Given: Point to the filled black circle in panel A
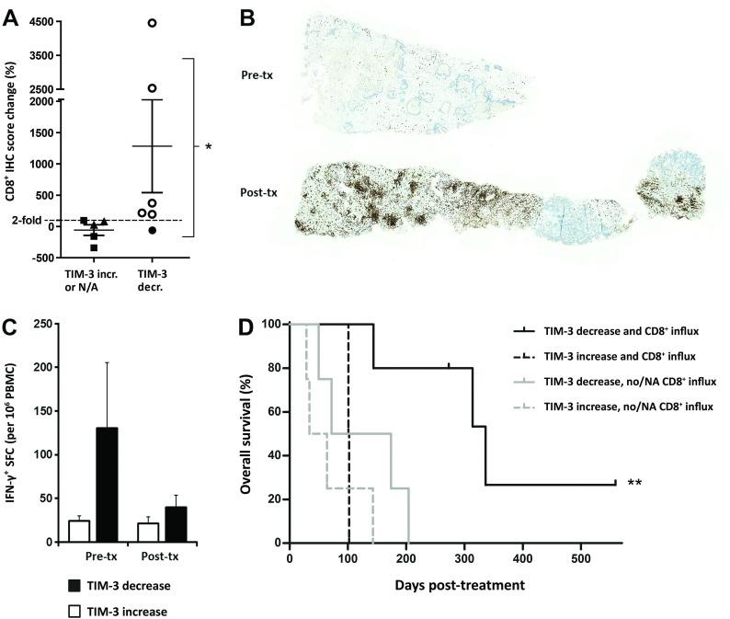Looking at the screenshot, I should pyautogui.click(x=153, y=230).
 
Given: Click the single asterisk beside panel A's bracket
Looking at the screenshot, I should pyautogui.click(x=209, y=147).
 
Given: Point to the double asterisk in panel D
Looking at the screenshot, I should pyautogui.click(x=634, y=483).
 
